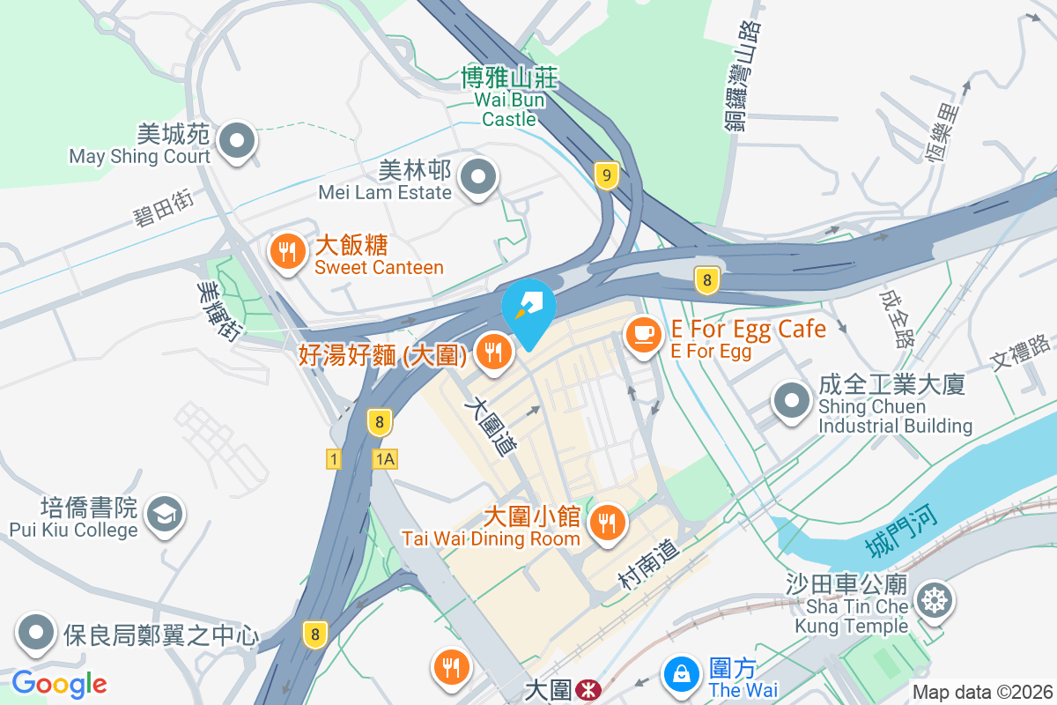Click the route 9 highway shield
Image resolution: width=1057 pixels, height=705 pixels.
click(x=605, y=175)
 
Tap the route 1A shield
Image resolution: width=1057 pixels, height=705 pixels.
click(x=385, y=458)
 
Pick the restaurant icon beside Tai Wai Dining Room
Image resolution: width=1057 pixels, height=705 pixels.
click(x=607, y=522)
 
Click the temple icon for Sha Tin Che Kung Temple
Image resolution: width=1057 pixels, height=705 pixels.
click(x=932, y=602)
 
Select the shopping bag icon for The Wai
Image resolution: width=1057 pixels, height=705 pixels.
click(x=681, y=675)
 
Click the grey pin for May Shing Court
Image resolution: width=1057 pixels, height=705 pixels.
click(x=237, y=141)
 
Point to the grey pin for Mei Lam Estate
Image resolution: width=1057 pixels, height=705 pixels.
click(x=478, y=177)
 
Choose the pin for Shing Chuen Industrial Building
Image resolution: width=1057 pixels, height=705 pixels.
click(x=791, y=400)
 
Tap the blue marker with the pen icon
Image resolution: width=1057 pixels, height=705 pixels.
click(x=528, y=306)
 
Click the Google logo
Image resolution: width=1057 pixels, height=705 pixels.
click(x=59, y=684)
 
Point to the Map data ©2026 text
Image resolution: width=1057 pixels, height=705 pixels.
click(x=981, y=692)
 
